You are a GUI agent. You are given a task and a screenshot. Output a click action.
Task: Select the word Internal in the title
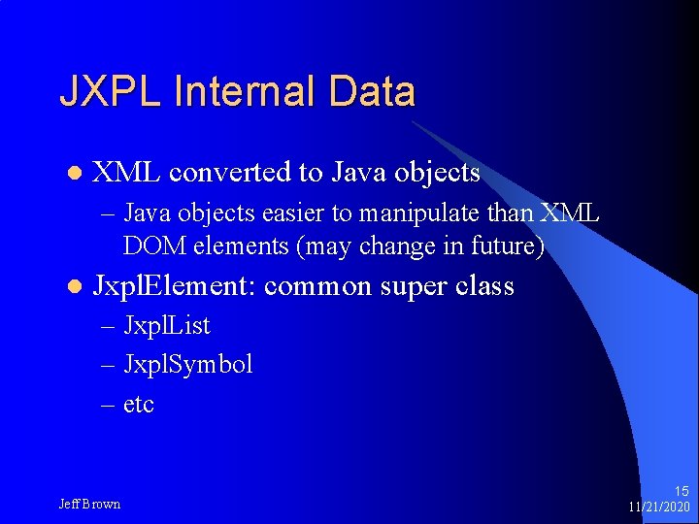245,92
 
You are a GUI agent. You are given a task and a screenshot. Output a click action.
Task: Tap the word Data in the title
372,92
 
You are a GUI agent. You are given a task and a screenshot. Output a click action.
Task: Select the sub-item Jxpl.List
166,326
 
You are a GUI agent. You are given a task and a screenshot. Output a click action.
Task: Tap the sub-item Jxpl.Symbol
187,365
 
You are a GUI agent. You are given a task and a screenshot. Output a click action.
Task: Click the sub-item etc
139,404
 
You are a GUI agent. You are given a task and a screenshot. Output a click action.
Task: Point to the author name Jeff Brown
89,504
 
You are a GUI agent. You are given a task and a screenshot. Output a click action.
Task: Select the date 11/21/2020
659,508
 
